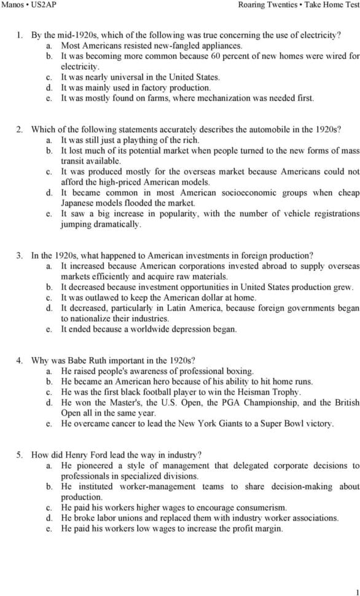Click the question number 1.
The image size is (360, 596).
[x=20, y=36]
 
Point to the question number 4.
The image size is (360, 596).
[x=20, y=360]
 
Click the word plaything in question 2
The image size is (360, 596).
[x=136, y=140]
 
